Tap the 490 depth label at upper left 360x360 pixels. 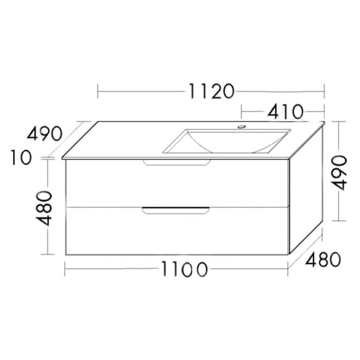pos(45,134)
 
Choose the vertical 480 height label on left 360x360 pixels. pos(46,207)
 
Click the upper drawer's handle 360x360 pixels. pos(176,163)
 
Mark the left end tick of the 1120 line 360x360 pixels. pos(98,92)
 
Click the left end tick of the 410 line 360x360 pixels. pos(242,111)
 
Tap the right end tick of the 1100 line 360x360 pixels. pos(288,269)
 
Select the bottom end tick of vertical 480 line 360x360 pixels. pos(47,254)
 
